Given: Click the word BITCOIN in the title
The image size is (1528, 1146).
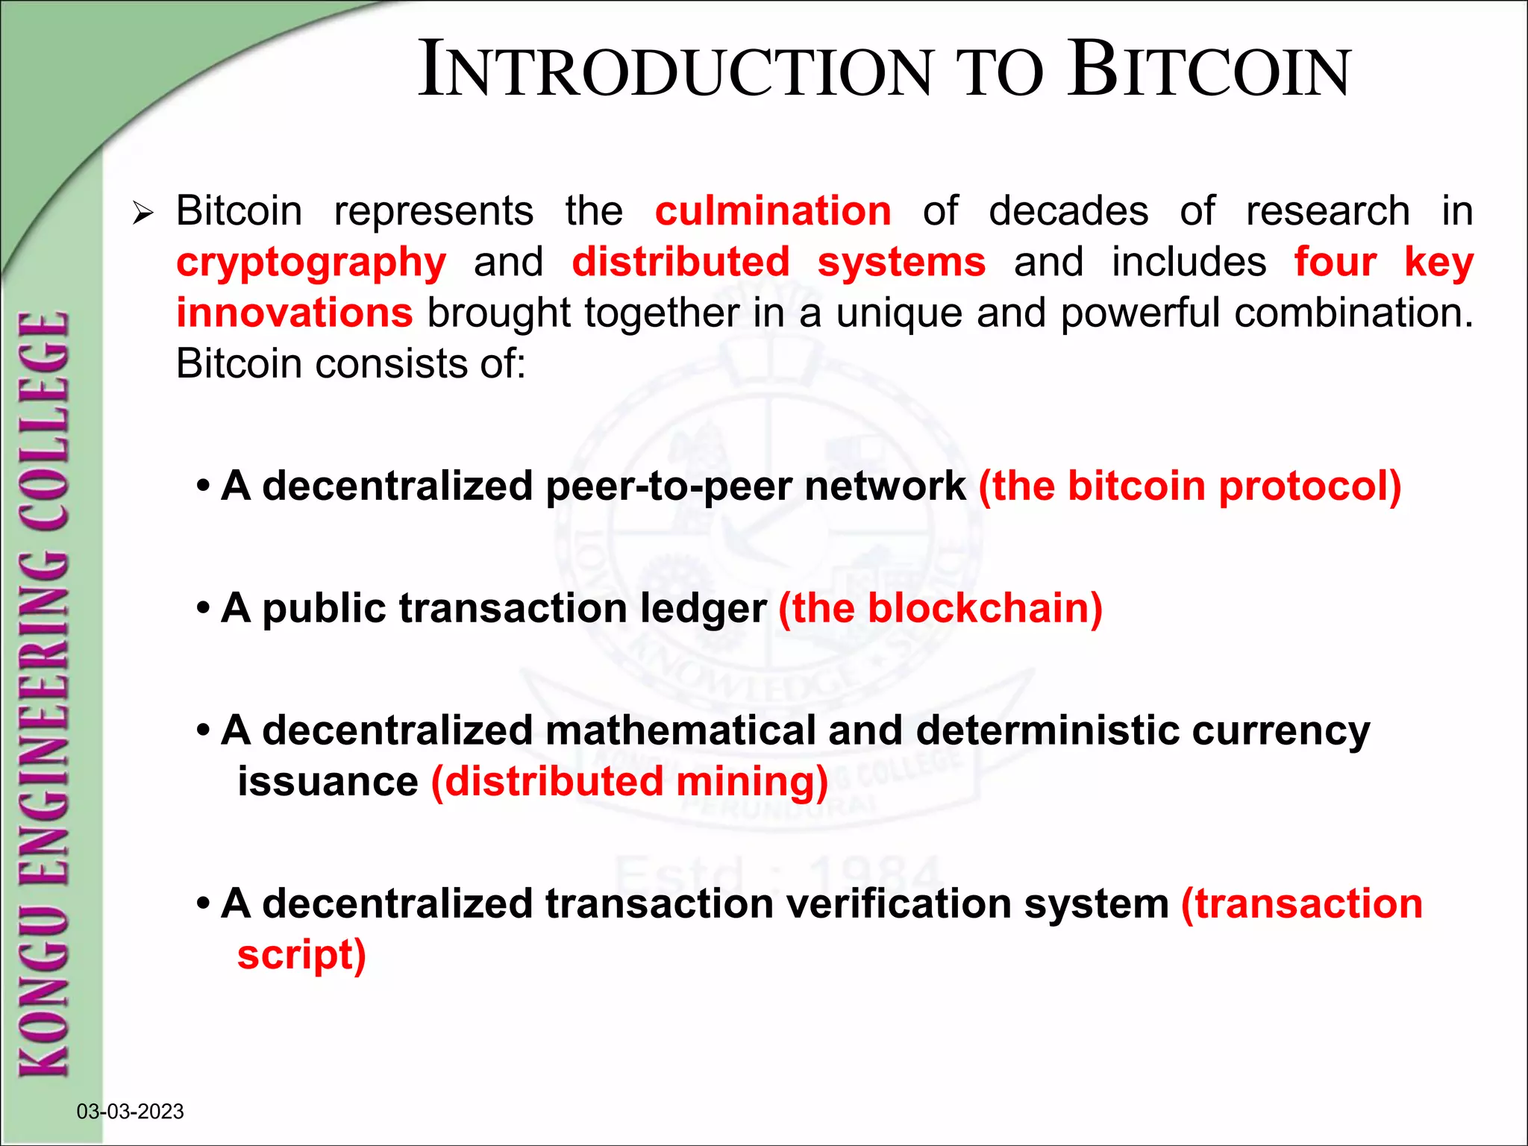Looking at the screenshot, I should (x=1209, y=71).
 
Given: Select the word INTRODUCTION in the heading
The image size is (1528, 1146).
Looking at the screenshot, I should (x=675, y=71).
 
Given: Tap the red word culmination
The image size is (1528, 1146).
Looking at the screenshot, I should (x=773, y=211).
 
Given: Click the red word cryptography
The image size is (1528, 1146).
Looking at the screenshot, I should (x=311, y=263).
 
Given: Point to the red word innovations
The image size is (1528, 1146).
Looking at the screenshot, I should (x=295, y=313).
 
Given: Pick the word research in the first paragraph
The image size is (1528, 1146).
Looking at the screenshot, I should (x=1327, y=211).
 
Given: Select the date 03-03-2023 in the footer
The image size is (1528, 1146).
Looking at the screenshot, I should (x=130, y=1112).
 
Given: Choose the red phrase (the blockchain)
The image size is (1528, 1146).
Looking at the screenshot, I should (x=940, y=608).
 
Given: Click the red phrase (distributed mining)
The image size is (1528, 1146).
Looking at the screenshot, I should (x=630, y=782).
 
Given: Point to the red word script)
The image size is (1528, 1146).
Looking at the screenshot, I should (x=301, y=955).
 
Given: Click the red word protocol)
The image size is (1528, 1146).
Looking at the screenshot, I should (x=1309, y=486).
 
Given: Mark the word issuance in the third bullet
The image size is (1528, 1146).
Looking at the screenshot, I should (x=328, y=782).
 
